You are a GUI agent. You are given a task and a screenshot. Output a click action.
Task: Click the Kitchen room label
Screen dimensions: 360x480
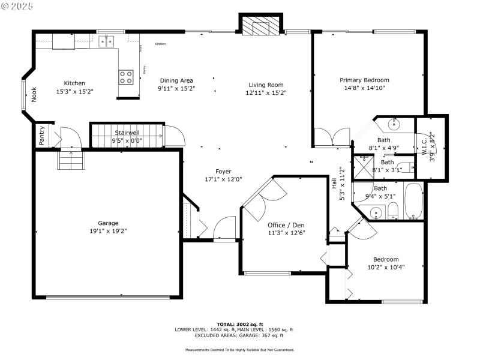pyautogui.click(x=75, y=83)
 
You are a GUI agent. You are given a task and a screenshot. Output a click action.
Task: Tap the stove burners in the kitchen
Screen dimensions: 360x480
pyautogui.click(x=126, y=77)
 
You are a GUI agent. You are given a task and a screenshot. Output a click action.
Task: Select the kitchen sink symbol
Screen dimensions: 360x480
pyautogui.click(x=107, y=41)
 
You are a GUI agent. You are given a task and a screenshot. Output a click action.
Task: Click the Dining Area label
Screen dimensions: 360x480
pyautogui.click(x=176, y=80)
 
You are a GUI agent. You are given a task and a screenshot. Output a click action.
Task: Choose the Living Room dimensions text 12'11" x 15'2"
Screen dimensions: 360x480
pyautogui.click(x=266, y=92)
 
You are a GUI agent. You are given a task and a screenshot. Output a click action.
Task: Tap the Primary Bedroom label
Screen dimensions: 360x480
pyautogui.click(x=364, y=80)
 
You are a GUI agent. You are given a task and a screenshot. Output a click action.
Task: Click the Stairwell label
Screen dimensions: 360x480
pyautogui.click(x=127, y=133)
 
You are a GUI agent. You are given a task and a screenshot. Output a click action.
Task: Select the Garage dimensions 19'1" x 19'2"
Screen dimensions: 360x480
pyautogui.click(x=108, y=230)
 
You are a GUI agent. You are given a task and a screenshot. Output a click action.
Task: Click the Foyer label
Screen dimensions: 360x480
pyautogui.click(x=223, y=172)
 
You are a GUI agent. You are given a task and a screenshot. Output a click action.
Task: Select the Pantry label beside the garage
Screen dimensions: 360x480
pyautogui.click(x=41, y=136)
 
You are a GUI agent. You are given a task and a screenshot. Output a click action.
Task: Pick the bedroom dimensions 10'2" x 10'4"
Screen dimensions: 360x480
pyautogui.click(x=386, y=267)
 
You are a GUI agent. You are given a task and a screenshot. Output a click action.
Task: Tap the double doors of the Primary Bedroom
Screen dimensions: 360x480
pyautogui.click(x=331, y=137)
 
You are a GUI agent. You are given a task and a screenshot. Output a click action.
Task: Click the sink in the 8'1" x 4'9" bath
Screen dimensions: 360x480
pyautogui.click(x=394, y=125)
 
